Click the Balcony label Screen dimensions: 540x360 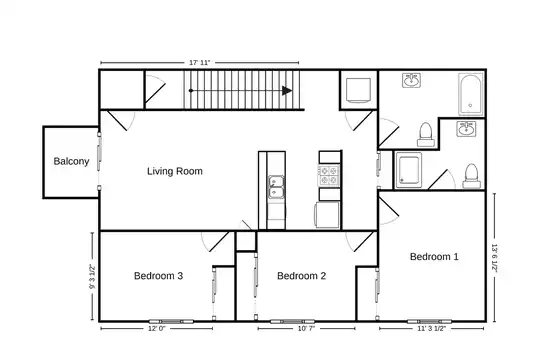tap(71, 161)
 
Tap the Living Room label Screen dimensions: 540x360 tap(175, 171)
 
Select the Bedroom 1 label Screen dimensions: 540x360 tap(434, 257)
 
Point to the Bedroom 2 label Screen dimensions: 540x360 tap(301, 276)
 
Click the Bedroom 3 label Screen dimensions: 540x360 tap(158, 276)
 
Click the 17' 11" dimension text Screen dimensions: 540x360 tap(200, 63)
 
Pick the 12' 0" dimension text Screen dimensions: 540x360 tap(157, 329)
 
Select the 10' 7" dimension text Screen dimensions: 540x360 tap(306, 329)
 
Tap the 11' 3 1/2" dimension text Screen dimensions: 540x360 tap(432, 329)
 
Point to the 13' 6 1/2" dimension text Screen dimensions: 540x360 tap(495, 258)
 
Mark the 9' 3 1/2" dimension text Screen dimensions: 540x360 tap(92, 277)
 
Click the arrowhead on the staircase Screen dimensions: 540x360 tap(287, 91)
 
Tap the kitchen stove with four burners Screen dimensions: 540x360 tap(329, 175)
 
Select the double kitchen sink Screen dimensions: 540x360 tap(276, 187)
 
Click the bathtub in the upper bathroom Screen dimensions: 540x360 tap(470, 94)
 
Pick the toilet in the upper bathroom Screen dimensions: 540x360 tap(426, 134)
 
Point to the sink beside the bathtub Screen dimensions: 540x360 tap(411, 80)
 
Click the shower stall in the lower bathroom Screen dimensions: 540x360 tap(409, 170)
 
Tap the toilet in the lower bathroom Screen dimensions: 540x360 tap(471, 176)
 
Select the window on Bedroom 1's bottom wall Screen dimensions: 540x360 tap(429, 322)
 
